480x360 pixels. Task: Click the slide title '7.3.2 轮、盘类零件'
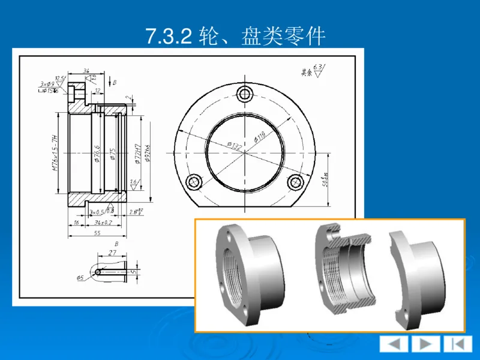point(236,37)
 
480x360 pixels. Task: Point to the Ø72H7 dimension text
point(137,154)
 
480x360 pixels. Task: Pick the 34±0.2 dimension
point(104,222)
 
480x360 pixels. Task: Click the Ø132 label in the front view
point(233,143)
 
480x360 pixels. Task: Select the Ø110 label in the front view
point(260,136)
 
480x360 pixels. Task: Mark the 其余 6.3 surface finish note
point(312,71)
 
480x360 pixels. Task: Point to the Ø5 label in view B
point(80,277)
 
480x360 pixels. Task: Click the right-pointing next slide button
point(425,344)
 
